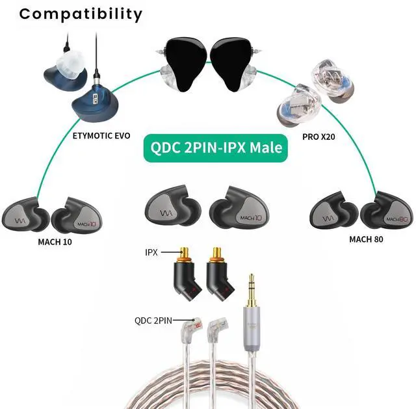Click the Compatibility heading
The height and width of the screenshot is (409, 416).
point(80,14)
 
